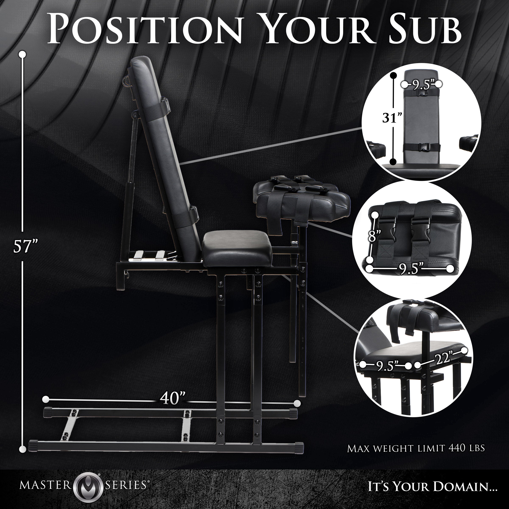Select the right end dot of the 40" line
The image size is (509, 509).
tap(297, 403)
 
